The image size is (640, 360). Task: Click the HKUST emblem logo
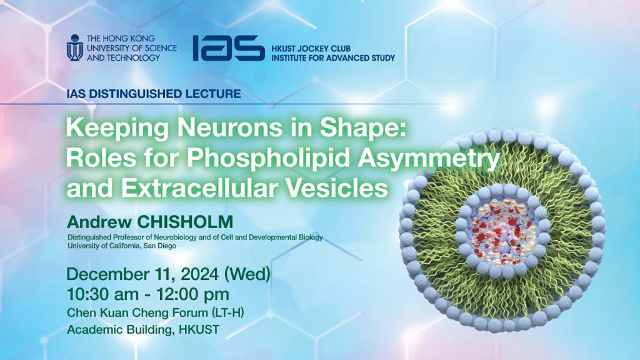coord(75,47)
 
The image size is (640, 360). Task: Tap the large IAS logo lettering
coord(229,47)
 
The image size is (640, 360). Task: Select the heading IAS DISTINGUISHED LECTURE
coord(154,94)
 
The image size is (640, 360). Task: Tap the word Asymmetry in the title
coord(429,159)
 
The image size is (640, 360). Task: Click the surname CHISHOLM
coord(185,222)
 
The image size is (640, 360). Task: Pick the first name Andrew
coord(99,222)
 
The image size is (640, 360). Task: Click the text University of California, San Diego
coord(122,246)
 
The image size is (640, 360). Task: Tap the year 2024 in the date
coord(199,274)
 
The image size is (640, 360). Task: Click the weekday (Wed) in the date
coord(247,274)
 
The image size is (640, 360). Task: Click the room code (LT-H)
coord(227,312)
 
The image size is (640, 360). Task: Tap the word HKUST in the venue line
coord(199,329)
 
